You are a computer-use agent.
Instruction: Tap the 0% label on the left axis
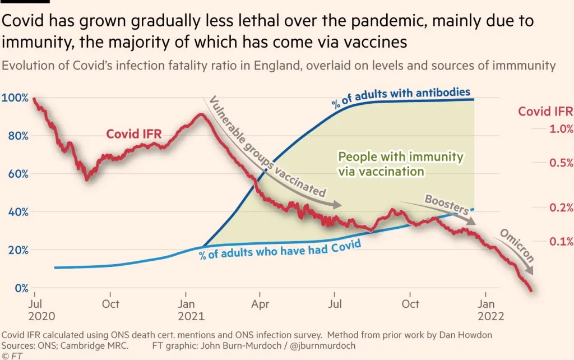coord(21,288)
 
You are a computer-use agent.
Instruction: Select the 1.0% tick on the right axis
coord(561,129)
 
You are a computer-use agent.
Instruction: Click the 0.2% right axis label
coord(561,207)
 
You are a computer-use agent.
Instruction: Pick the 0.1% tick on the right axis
coord(561,242)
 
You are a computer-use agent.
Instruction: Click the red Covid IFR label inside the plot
coord(134,134)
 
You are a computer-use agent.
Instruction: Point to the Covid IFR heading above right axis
coord(545,111)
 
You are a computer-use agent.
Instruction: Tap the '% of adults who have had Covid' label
coord(279,248)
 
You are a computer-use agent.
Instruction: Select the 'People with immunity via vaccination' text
coord(401,164)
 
